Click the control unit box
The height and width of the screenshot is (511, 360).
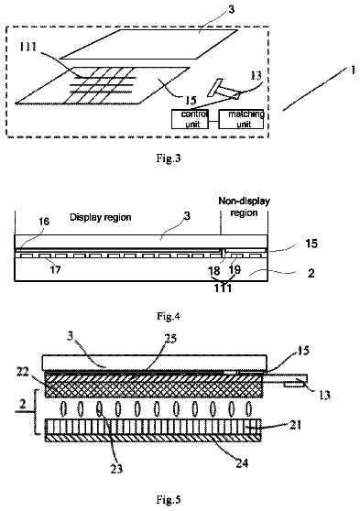coord(191,119)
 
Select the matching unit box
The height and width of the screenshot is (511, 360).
coord(241,119)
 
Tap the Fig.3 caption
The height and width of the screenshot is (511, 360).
coord(169,158)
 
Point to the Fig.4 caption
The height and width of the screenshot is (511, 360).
coord(169,316)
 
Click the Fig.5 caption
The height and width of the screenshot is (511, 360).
coord(169,499)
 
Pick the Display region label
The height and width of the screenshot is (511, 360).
coord(101,217)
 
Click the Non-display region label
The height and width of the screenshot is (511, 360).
coord(244,207)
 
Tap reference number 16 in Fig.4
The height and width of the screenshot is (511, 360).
coord(44,222)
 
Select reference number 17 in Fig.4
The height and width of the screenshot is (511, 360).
coord(55,269)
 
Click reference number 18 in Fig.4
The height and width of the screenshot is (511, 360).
coord(214,270)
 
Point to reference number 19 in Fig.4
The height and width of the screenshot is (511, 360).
coord(235,269)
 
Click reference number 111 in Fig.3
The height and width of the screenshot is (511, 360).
coord(28,47)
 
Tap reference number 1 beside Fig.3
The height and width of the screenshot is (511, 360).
coord(352,70)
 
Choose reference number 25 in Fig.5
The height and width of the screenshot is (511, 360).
coord(170,339)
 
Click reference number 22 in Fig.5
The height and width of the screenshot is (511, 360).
coord(23,372)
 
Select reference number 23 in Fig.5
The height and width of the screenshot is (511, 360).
coord(116,469)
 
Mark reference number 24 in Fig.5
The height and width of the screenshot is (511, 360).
coord(242,463)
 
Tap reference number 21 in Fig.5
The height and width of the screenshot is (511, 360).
coord(295,425)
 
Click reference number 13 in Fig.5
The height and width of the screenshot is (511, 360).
coord(325,395)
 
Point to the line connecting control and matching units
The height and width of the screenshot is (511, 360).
coord(214,122)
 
